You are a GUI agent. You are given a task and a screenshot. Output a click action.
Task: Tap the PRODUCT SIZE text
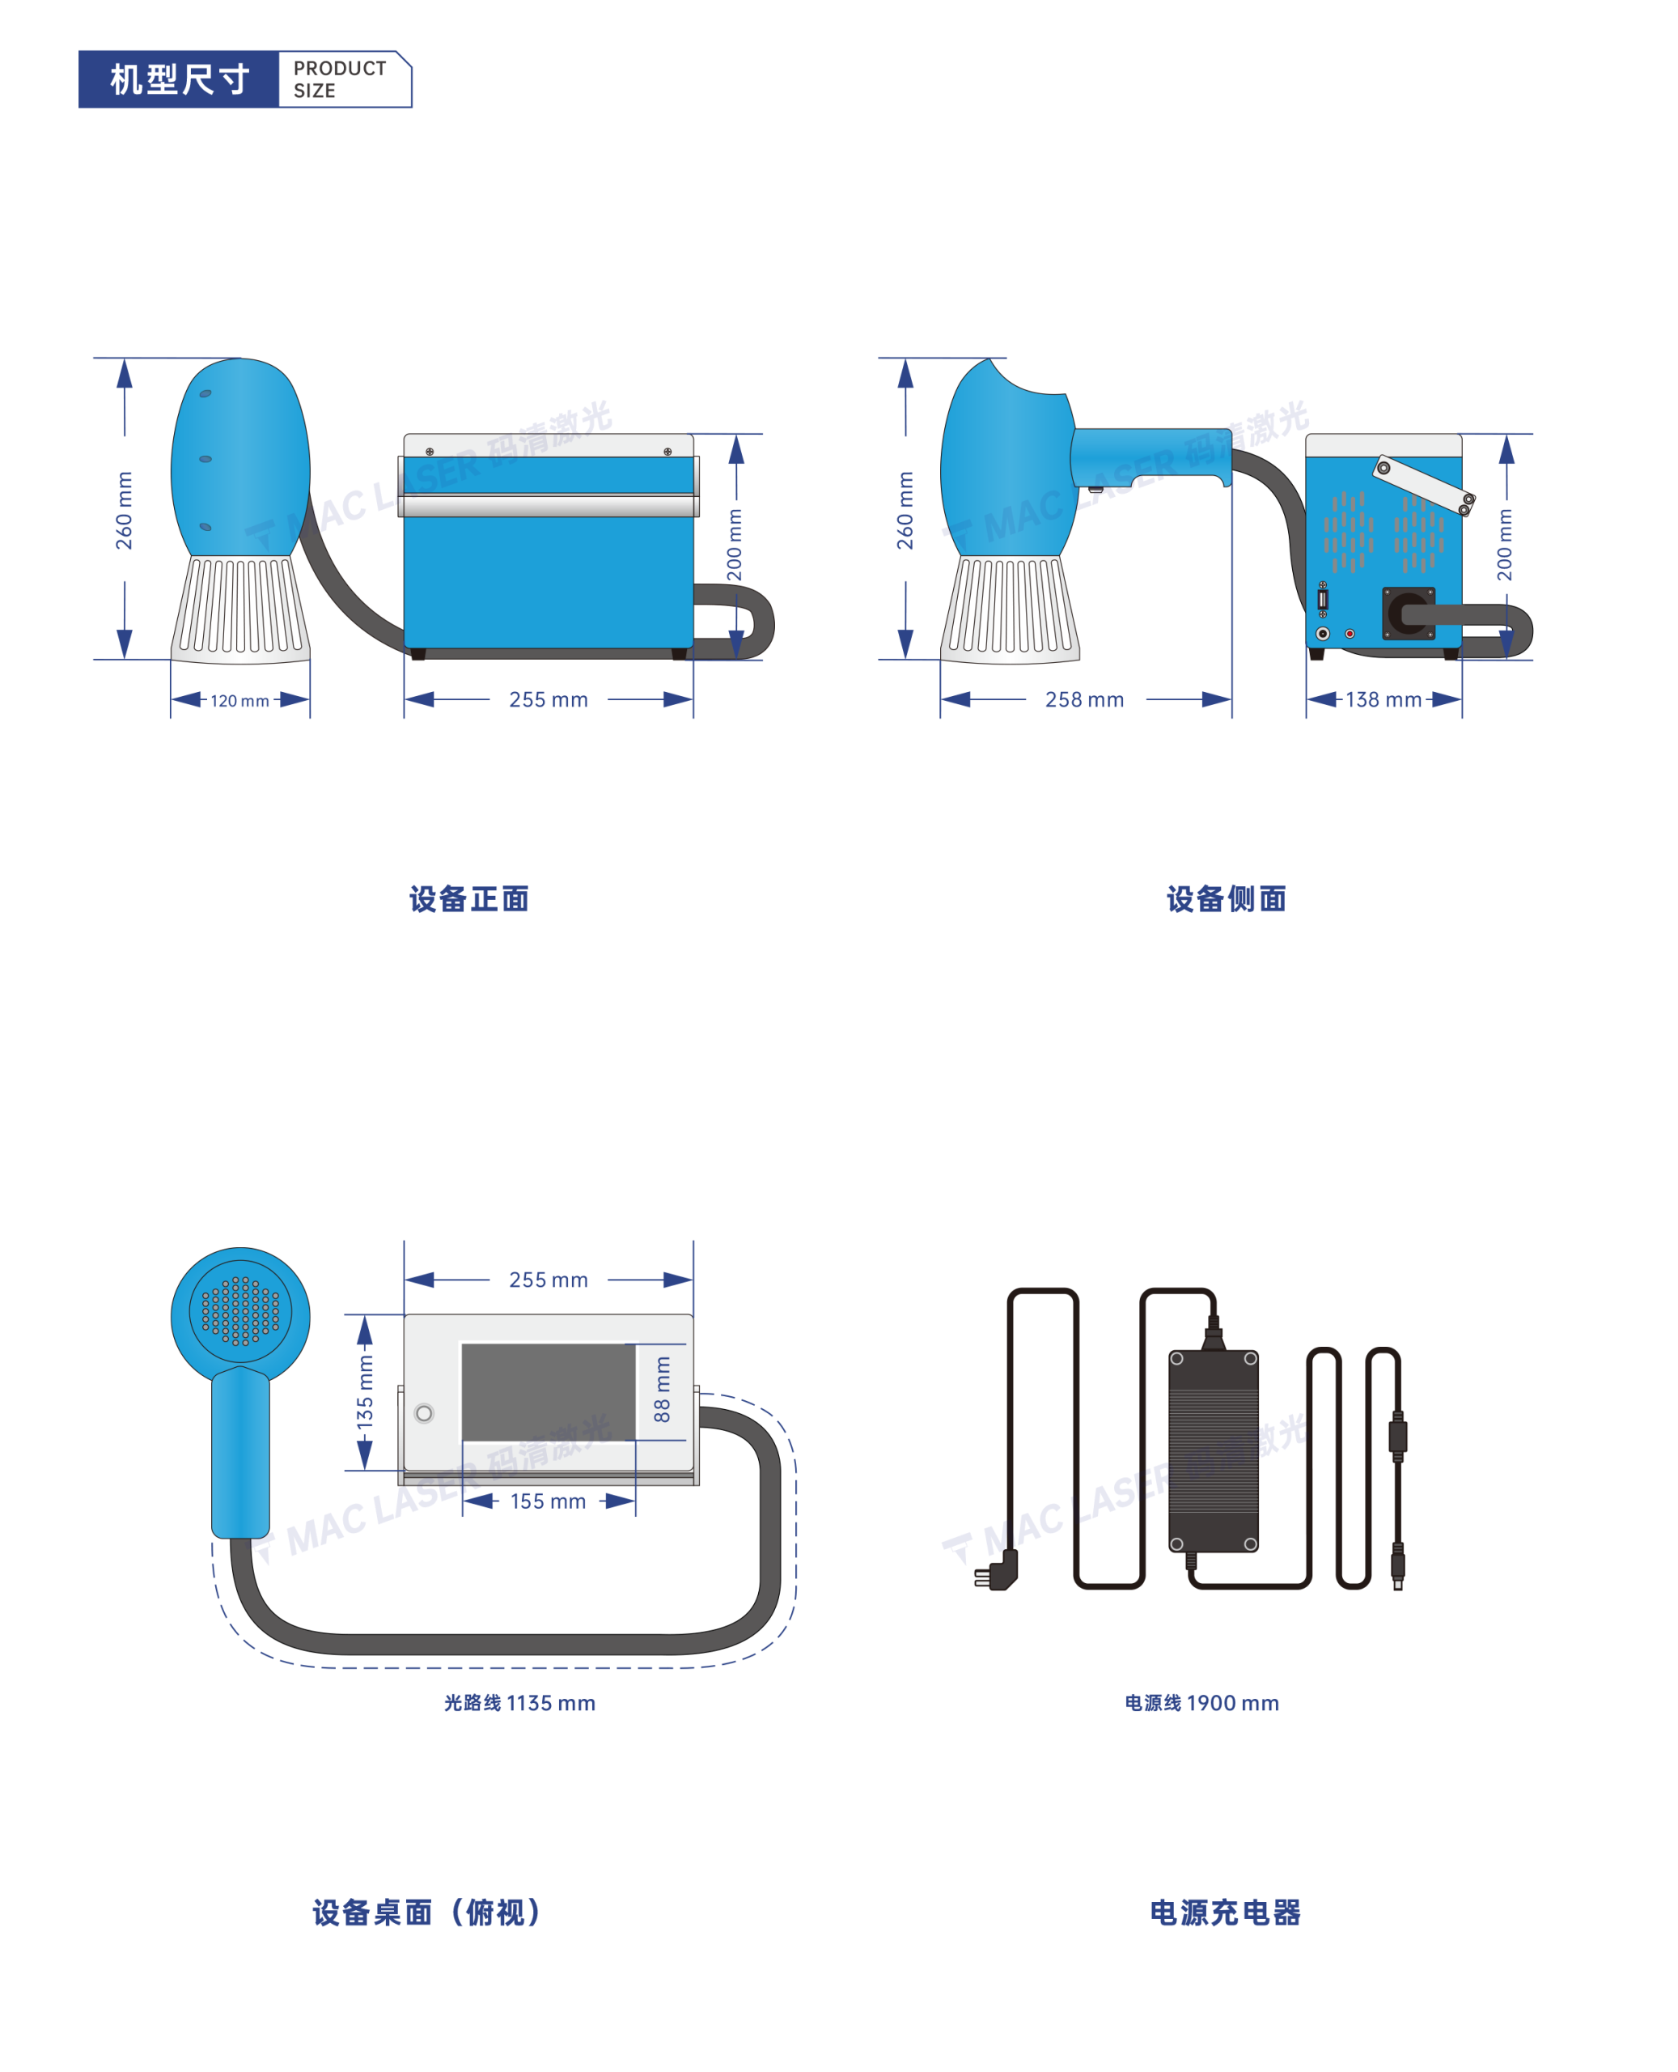click(x=339, y=79)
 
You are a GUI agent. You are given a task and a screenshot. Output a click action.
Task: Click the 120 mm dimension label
click(x=239, y=701)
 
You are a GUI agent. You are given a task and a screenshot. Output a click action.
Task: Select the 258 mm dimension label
click(x=1084, y=699)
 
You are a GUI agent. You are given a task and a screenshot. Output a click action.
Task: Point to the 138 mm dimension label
click(x=1384, y=699)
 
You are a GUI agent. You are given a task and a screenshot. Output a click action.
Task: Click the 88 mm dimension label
click(x=662, y=1390)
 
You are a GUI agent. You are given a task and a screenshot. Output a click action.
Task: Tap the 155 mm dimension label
click(x=548, y=1501)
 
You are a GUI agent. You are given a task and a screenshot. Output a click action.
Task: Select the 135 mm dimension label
click(x=364, y=1392)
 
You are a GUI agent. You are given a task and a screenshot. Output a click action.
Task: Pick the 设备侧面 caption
click(x=1227, y=899)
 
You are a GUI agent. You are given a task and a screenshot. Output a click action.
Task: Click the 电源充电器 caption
click(x=1226, y=1913)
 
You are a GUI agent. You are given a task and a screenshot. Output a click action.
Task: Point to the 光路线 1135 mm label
click(x=520, y=1703)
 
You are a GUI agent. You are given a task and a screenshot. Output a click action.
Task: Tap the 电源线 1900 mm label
click(x=1201, y=1703)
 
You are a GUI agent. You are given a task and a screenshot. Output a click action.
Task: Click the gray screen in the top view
click(x=548, y=1392)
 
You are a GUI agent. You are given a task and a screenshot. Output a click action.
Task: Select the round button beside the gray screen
click(x=423, y=1413)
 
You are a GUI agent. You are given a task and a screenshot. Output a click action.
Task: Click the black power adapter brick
click(x=1213, y=1450)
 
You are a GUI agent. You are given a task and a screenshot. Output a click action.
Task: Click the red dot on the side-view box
click(x=1350, y=635)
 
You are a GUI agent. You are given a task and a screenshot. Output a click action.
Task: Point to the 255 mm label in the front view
click(x=548, y=699)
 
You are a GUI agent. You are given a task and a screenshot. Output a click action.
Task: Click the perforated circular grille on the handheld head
click(x=240, y=1311)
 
